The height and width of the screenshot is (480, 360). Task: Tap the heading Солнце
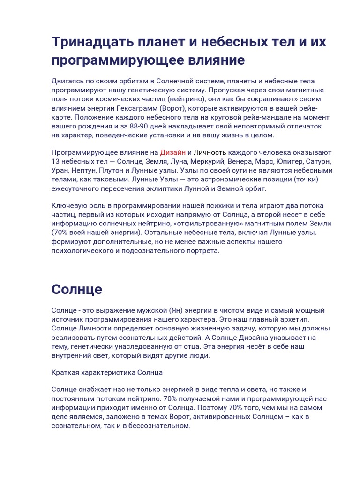77,289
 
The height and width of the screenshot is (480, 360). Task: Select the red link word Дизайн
173,152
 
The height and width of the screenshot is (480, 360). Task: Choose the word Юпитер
290,161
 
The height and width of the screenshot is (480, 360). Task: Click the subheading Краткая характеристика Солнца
107,373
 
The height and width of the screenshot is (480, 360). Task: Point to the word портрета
203,251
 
